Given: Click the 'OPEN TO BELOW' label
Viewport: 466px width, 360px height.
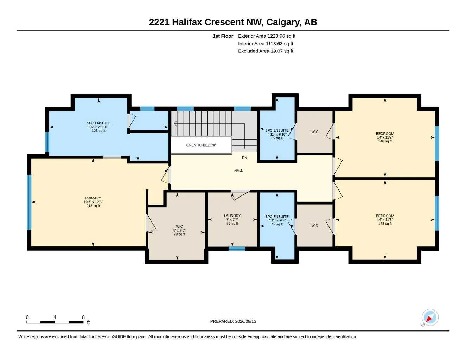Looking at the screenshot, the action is pos(201,145).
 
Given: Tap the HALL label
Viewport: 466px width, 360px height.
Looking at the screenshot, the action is pos(238,171).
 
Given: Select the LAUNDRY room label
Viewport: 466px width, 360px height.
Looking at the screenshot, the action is pos(232,216).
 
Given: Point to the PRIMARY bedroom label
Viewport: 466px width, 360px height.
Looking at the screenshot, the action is pos(93,198).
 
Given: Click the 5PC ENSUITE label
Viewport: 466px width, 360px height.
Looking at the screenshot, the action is pos(98,123).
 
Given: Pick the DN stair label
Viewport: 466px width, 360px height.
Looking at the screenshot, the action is pos(244,158).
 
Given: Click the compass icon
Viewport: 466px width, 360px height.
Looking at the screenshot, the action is pos(430,317).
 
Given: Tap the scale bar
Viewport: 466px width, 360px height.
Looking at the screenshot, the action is pos(55,322).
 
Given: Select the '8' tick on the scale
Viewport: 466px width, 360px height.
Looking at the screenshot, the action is pos(83,317).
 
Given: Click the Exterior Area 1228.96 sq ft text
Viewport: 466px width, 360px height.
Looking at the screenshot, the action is pos(267,36).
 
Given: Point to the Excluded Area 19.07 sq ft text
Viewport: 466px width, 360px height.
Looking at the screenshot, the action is pos(266,51).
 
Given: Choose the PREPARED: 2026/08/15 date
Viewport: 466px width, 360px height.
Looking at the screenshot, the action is pos(233,321).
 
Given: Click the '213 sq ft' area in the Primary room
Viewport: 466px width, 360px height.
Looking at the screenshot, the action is pos(93,206).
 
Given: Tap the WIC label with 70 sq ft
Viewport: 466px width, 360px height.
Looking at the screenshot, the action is pos(179,226).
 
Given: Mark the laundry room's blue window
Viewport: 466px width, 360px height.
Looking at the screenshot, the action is pos(237,249).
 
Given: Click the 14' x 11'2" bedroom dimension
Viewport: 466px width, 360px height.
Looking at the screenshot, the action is pos(385,137).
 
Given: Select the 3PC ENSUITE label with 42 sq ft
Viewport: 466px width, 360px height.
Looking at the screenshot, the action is pos(277,217).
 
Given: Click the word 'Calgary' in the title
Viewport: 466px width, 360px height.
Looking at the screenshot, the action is pos(283,22).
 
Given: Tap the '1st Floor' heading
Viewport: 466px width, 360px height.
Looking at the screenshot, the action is pos(223,36).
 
